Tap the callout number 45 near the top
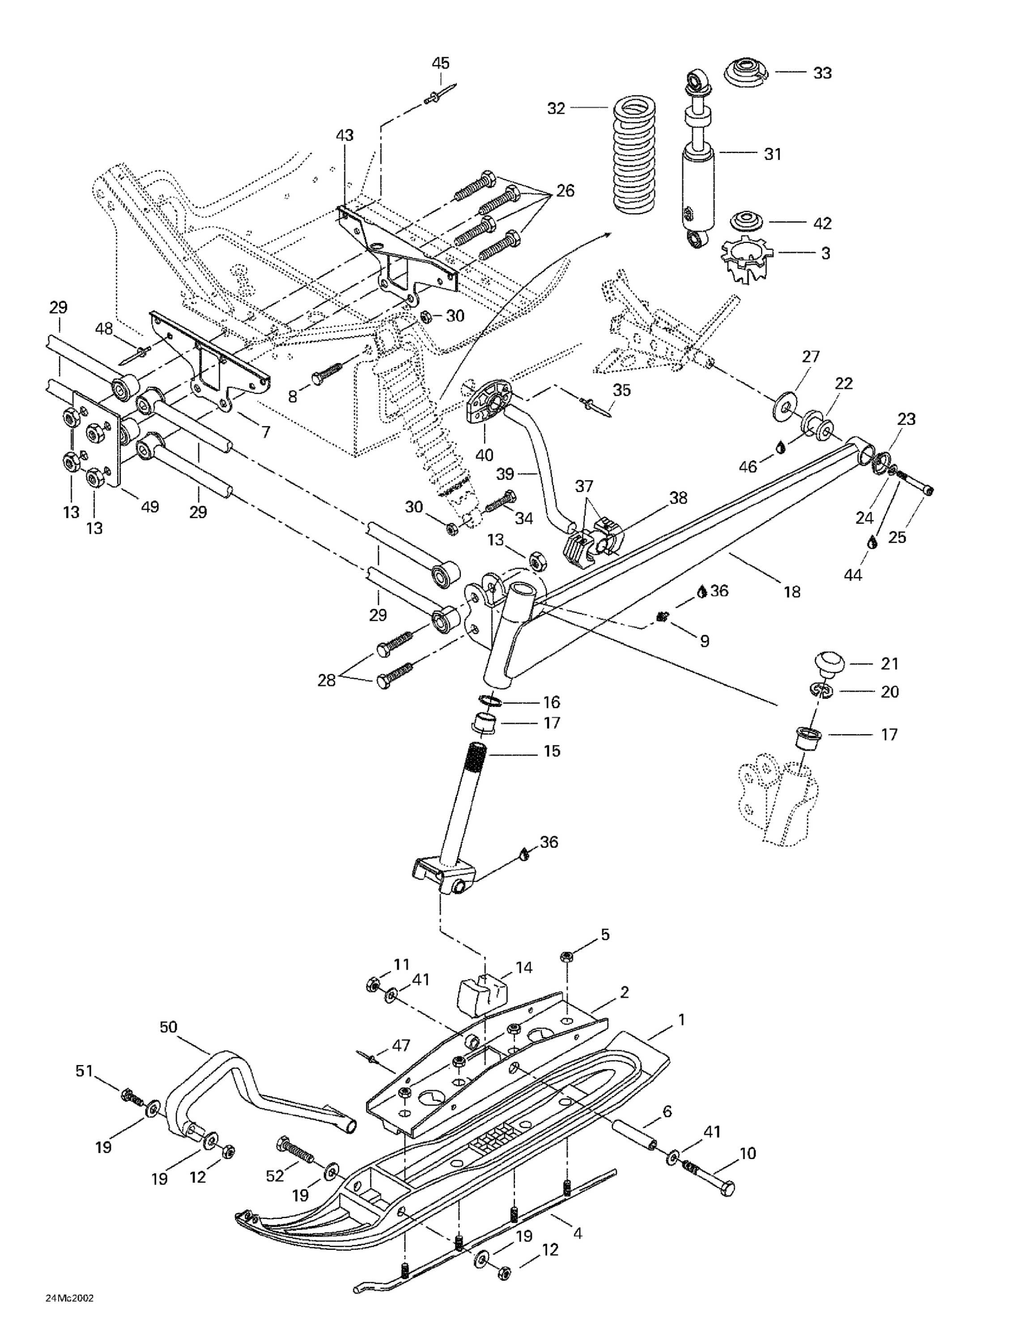pos(440,63)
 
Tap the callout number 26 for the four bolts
pos(565,191)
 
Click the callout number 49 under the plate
pos(150,507)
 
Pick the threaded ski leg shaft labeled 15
pos(461,805)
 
